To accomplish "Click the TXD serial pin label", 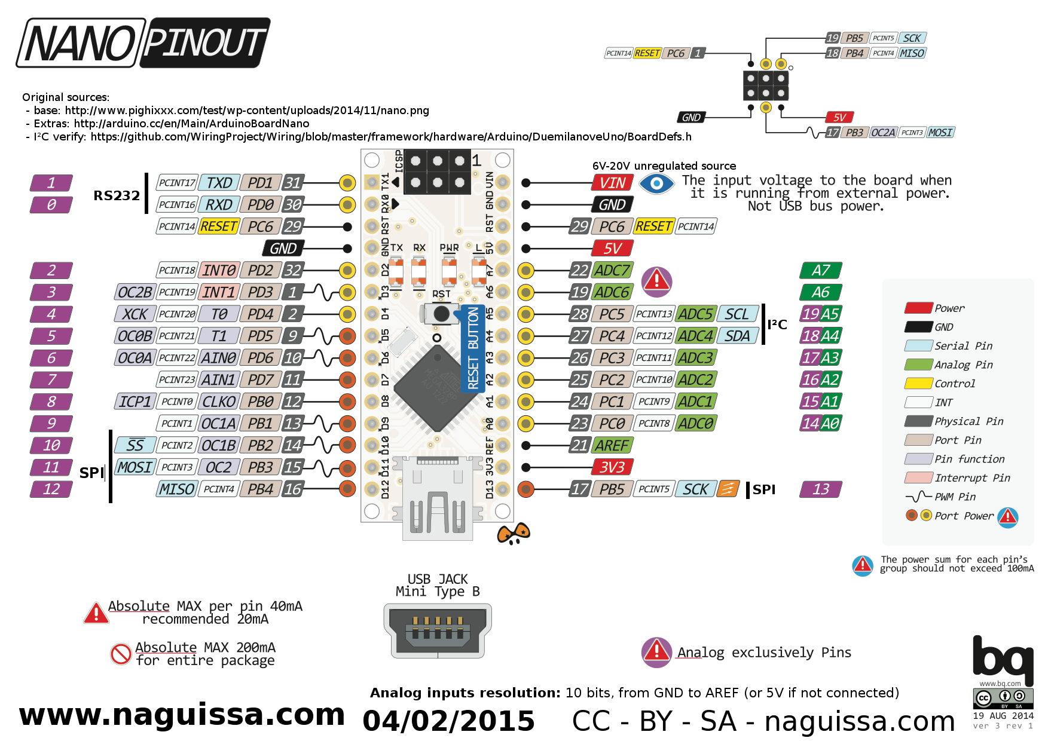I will [x=219, y=183].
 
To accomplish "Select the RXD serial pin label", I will [x=219, y=205].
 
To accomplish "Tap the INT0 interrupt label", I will [x=219, y=271].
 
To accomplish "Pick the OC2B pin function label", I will [x=135, y=292].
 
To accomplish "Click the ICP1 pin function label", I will [x=135, y=402].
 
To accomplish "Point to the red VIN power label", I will [x=612, y=183].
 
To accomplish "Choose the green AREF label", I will [x=612, y=446].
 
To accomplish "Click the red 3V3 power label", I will [x=612, y=467].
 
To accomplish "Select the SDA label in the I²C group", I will [x=737, y=336].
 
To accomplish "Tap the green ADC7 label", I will [x=612, y=271].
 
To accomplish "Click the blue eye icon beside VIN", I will [x=656, y=183].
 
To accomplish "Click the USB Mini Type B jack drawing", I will [x=438, y=630].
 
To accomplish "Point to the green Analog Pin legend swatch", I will [x=918, y=365].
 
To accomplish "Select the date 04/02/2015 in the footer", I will [x=448, y=721].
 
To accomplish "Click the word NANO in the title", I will [x=80, y=43].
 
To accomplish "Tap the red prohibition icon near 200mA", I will [x=121, y=654].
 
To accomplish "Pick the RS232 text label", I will [x=117, y=195].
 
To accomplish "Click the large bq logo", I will [x=1003, y=660].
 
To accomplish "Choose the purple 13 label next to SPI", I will [x=821, y=489].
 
